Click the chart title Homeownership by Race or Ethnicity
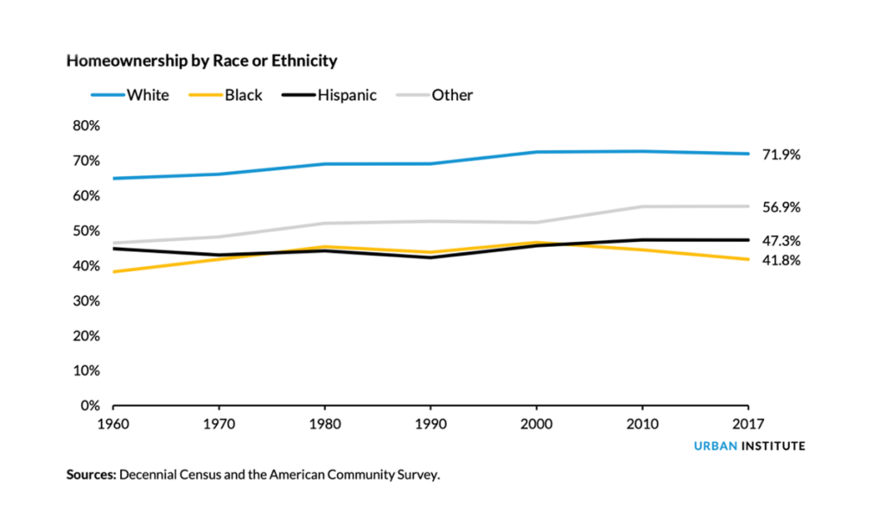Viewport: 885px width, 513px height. pyautogui.click(x=201, y=61)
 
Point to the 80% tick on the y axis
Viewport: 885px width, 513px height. pyautogui.click(x=86, y=125)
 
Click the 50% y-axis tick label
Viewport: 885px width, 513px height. pyautogui.click(x=86, y=231)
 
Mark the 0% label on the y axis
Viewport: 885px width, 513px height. pyautogui.click(x=91, y=405)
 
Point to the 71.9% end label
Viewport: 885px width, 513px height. pyautogui.click(x=781, y=155)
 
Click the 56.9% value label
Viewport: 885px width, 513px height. pyautogui.click(x=781, y=207)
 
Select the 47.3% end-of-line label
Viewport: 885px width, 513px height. pyautogui.click(x=781, y=241)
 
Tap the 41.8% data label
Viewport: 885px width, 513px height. pyautogui.click(x=781, y=260)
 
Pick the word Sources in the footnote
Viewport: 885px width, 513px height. pyautogui.click(x=91, y=475)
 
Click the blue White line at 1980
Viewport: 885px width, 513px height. pyautogui.click(x=325, y=163)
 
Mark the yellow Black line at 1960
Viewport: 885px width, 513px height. pyautogui.click(x=114, y=272)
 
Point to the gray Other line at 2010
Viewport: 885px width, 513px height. pyautogui.click(x=642, y=206)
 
